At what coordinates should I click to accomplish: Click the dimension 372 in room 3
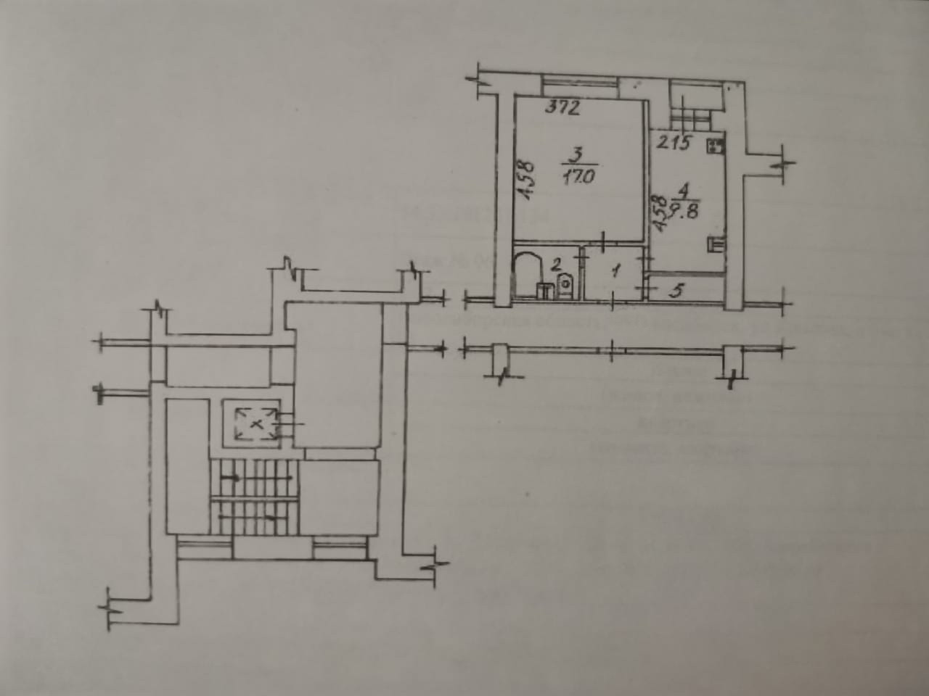pos(562,109)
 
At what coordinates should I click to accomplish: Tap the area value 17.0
pos(578,176)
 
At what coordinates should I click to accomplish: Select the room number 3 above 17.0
pos(576,154)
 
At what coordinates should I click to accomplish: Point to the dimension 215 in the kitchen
pos(673,144)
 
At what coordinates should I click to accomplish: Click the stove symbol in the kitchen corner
pos(715,145)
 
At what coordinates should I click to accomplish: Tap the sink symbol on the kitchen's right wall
pos(715,244)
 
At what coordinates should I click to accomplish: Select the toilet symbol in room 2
pos(565,286)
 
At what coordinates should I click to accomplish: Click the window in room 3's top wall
pos(580,86)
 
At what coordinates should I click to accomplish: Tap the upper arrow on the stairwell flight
pos(234,478)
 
